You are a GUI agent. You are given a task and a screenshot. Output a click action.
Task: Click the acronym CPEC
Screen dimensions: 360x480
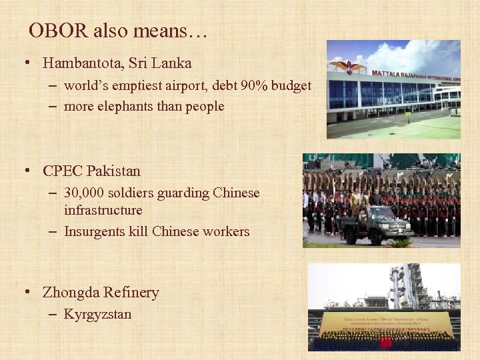(63, 171)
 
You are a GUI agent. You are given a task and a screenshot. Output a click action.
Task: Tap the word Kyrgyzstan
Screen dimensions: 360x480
(97, 313)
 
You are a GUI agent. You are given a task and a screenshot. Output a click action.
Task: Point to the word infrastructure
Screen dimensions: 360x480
(103, 210)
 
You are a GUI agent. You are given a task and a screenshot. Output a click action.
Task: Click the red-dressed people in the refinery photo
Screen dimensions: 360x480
(385, 341)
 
